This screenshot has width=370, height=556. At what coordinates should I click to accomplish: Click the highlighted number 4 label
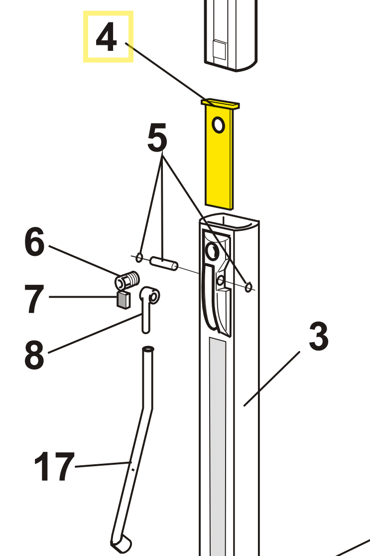coord(106,37)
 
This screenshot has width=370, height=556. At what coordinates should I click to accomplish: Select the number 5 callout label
coord(157,137)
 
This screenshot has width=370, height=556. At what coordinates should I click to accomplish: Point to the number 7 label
coord(34,299)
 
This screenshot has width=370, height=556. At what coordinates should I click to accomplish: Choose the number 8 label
coord(34,355)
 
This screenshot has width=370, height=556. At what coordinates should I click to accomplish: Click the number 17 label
coord(54,467)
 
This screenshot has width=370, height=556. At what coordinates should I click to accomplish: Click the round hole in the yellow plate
coord(218,125)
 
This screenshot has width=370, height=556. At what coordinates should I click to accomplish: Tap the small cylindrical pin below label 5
coord(164,263)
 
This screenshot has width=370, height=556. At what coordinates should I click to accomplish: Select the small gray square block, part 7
coord(123,300)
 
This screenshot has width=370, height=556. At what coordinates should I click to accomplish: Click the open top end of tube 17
coord(148,349)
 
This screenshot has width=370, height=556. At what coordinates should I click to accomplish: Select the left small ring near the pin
coord(139,257)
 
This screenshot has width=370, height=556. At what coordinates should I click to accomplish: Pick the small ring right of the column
coord(248,286)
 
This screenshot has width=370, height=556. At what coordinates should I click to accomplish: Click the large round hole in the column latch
coord(213,251)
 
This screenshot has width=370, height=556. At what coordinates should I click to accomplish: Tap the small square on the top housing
coord(219,50)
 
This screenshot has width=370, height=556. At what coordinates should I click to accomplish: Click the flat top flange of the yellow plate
coord(220,104)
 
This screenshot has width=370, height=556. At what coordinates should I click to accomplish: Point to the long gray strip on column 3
coord(218,447)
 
